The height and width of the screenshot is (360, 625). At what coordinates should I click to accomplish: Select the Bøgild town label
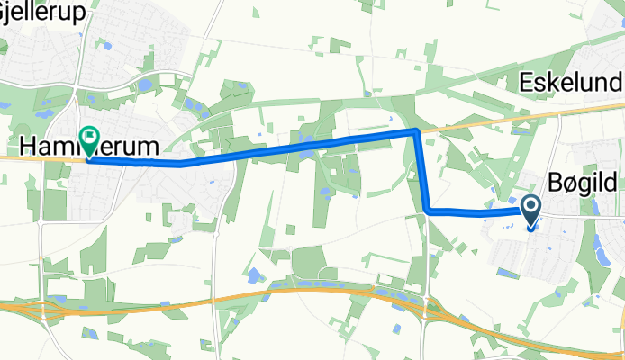583,184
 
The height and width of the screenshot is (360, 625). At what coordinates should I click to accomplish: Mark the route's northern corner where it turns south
415,131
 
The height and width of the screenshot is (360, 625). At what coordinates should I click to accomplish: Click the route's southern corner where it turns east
425,211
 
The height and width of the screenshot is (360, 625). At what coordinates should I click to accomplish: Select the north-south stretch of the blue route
421,171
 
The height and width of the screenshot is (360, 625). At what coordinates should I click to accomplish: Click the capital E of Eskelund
528,83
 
